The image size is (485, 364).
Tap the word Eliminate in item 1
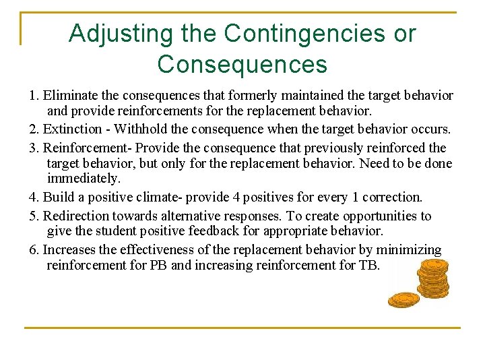[71, 96]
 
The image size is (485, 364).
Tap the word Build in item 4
[58, 198]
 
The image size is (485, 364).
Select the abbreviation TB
[369, 265]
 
